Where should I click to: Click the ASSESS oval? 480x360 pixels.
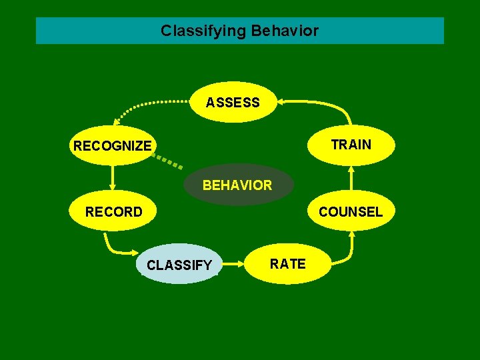pyautogui.click(x=233, y=102)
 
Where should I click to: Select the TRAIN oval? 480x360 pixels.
pyautogui.click(x=351, y=145)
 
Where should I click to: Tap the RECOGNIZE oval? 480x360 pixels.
pyautogui.click(x=112, y=145)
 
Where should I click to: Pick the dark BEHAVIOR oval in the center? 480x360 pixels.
pyautogui.click(x=237, y=185)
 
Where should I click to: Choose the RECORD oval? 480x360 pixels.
pyautogui.click(x=113, y=212)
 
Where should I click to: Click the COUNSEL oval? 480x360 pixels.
pyautogui.click(x=351, y=212)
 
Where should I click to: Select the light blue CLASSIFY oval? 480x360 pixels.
pyautogui.click(x=179, y=265)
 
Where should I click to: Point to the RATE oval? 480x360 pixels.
pyautogui.click(x=287, y=263)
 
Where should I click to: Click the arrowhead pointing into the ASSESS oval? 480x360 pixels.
pyautogui.click(x=281, y=102)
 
